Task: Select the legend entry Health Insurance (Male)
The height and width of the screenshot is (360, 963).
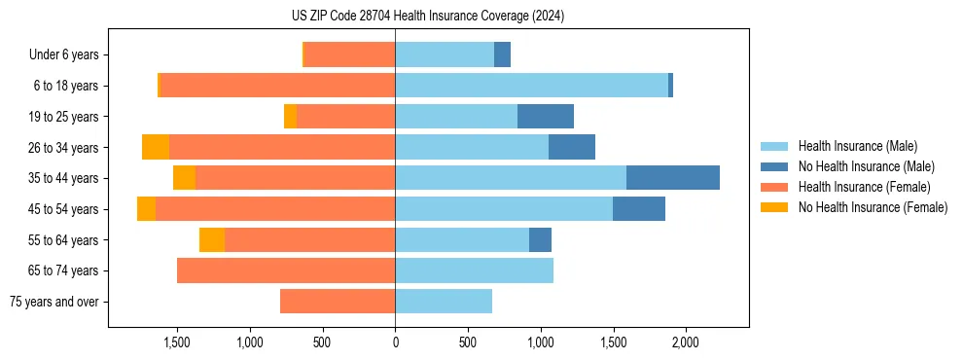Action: click(x=857, y=146)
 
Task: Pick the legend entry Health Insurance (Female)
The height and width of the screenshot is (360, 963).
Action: click(x=864, y=187)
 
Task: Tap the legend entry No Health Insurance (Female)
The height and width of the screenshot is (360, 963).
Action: click(x=873, y=207)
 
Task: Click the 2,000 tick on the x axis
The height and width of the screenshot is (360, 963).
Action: click(x=686, y=343)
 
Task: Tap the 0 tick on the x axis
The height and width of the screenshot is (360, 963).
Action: click(x=395, y=343)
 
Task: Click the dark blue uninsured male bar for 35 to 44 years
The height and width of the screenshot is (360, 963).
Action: click(x=673, y=178)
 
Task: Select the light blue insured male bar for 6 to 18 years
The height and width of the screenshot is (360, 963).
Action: click(x=531, y=86)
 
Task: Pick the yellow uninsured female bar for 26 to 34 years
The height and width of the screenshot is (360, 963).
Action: click(x=156, y=147)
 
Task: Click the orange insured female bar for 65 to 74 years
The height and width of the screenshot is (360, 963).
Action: click(x=286, y=270)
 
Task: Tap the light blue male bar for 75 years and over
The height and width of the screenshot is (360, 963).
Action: click(x=444, y=302)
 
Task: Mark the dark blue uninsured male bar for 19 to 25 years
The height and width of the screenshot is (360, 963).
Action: click(x=546, y=117)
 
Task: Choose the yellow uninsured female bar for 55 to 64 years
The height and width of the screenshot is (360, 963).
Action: click(x=212, y=239)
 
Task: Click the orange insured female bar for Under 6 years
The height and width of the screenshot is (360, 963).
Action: click(x=349, y=55)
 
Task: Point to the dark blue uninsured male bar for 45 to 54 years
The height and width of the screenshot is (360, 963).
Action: click(x=639, y=209)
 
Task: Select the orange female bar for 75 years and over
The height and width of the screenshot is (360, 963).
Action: click(x=338, y=302)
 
